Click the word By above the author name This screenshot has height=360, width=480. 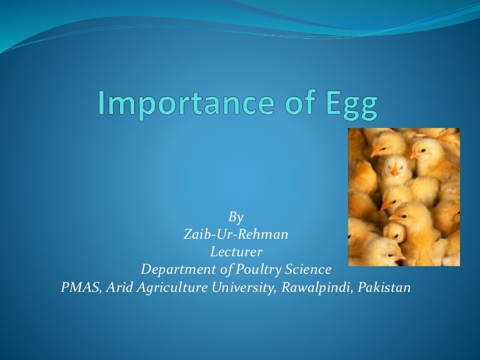236,217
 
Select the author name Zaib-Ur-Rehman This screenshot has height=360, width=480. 236,234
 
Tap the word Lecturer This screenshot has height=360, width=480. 236,252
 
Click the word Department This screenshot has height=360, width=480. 176,270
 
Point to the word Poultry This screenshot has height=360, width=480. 252,270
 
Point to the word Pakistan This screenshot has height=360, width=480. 385,287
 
